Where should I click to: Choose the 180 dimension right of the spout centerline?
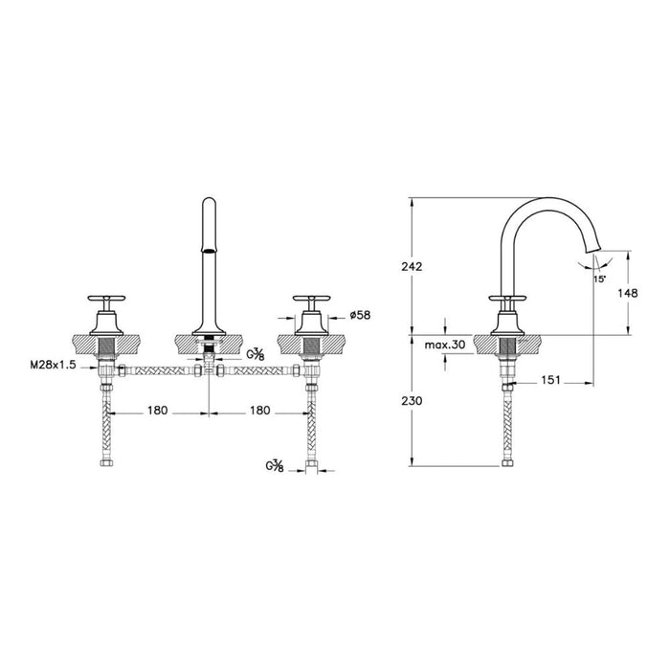257,411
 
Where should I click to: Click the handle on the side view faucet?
506,301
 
